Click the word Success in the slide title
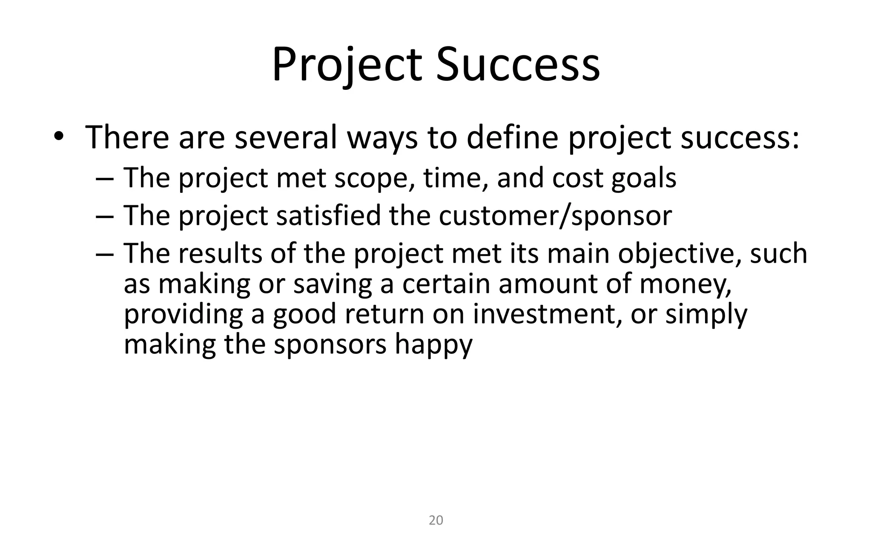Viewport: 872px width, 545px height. pos(517,65)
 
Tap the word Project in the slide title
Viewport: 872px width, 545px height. pos(347,65)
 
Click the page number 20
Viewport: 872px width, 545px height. pos(436,520)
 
